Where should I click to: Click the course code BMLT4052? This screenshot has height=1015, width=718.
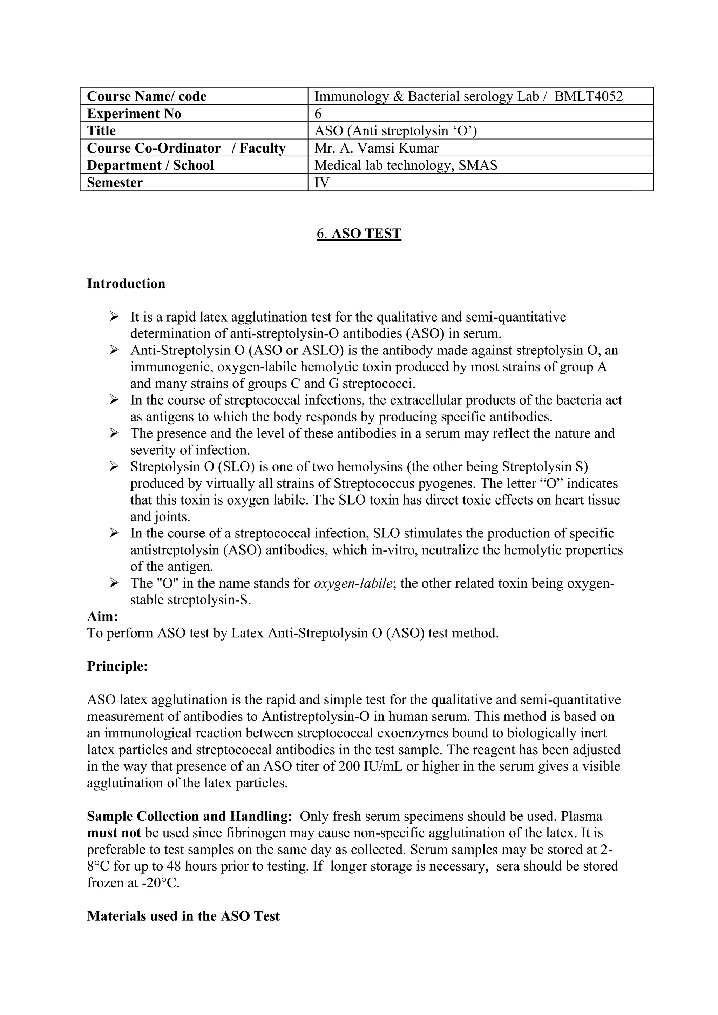coord(589,96)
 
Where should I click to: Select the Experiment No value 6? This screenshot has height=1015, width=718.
coord(318,114)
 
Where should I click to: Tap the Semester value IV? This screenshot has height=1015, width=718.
coord(322,182)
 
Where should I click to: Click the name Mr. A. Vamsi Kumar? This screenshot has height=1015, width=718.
coord(376,148)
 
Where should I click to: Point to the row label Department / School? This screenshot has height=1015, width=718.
coord(150,165)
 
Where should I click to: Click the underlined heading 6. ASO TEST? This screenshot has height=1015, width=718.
coord(359,234)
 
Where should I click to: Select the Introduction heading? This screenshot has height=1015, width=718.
coord(126,283)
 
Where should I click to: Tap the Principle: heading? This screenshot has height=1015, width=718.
coord(117,666)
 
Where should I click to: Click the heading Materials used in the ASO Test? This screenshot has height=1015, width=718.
coord(183,915)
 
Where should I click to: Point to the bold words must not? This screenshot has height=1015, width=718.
coord(114,833)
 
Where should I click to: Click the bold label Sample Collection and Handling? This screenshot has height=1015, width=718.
coord(189,816)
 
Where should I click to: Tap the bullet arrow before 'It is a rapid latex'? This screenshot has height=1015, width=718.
coord(114,317)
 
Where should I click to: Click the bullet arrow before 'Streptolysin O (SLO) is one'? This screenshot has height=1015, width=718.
coord(114,466)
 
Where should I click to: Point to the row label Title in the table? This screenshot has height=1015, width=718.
coord(101,130)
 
